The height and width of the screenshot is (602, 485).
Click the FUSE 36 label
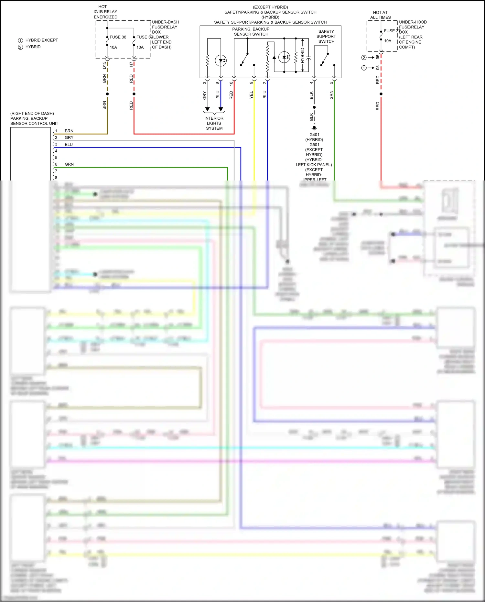coord(118,37)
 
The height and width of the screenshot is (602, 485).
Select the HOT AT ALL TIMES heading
coord(380,15)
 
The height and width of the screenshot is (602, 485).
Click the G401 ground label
coord(314,135)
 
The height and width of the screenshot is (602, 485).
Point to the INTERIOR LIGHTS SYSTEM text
coord(214,123)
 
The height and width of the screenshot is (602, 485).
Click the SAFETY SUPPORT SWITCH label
coord(326,37)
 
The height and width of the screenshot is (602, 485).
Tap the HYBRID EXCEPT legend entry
coord(41,40)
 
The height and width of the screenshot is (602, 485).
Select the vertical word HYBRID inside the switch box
coord(303,55)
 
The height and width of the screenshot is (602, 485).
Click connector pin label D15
coord(104,65)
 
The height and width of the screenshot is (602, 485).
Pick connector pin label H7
coord(131,64)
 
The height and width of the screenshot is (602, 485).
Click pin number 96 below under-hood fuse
coord(378,57)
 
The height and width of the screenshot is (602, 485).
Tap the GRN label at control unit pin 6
coord(69,164)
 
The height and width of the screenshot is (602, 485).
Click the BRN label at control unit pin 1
coord(69,131)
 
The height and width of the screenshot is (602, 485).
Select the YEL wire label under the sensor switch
coord(251,95)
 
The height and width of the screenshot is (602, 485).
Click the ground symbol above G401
coord(314,128)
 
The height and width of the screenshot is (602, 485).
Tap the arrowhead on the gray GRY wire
coord(207,109)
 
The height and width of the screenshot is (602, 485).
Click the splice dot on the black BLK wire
coord(314,107)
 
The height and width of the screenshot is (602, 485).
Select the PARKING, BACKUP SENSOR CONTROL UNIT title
coord(34,118)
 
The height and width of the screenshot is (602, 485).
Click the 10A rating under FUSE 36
coord(113,47)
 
